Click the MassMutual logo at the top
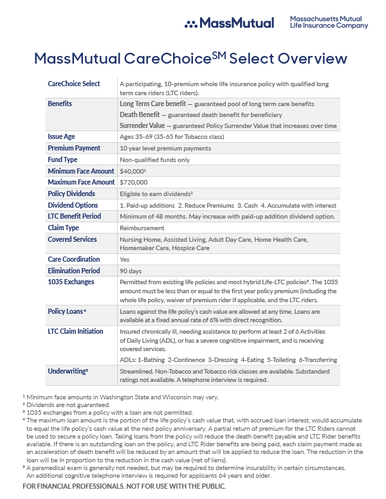coord(229,23)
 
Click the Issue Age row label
coord(62,136)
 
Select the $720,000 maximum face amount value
coord(134,183)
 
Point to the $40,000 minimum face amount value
coord(133,171)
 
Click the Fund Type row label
coord(62,159)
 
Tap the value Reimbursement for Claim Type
coord(142,228)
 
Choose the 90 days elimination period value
coord(131,271)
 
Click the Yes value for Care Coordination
coord(125,259)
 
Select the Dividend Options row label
coord(74,205)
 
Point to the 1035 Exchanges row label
coord(71,282)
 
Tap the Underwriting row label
coord(68,371)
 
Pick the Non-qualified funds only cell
coord(154,159)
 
